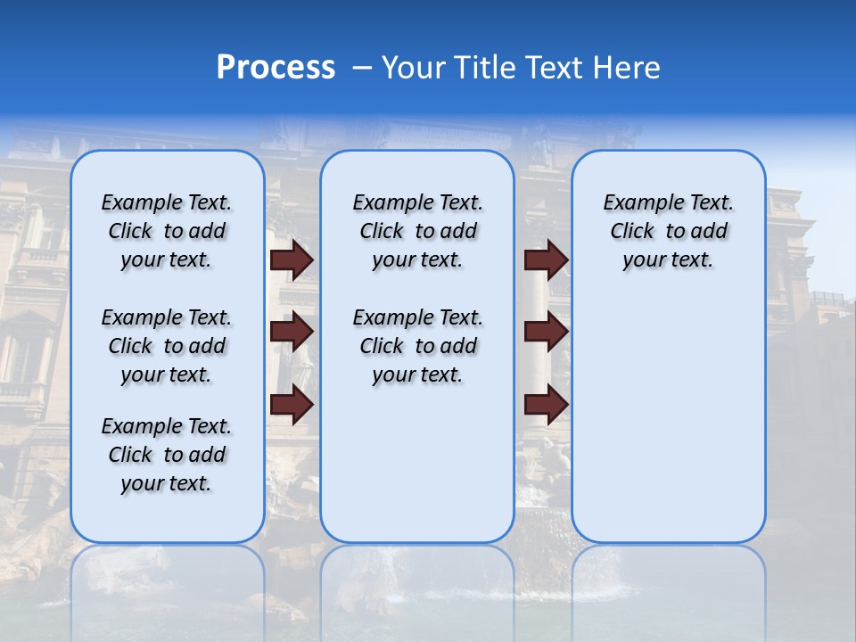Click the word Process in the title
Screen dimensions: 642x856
point(276,68)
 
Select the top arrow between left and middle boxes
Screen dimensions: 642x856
point(292,260)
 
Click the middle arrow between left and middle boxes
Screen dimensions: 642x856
point(292,332)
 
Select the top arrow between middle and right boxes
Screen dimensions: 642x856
point(546,260)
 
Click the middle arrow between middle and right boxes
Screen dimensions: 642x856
point(546,332)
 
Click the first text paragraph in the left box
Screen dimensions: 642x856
point(167,231)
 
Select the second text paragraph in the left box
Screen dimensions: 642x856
point(167,346)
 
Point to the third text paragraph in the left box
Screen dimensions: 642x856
point(167,455)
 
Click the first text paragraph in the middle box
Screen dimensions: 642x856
point(417,231)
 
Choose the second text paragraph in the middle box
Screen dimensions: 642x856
point(417,346)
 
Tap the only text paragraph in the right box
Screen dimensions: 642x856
point(668,231)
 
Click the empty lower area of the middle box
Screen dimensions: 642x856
point(417,464)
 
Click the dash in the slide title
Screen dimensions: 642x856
point(362,68)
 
